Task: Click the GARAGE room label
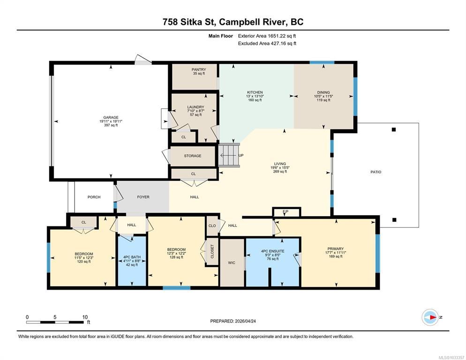tap(111, 118)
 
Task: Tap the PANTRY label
tap(199, 69)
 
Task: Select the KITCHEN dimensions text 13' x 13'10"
tap(255, 96)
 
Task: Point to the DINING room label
tap(323, 92)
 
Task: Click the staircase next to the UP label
tap(229, 155)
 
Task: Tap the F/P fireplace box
tap(286, 212)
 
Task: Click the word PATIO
tap(376, 172)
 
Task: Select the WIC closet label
tap(232, 262)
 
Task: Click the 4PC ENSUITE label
tap(272, 251)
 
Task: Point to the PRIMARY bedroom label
tap(336, 249)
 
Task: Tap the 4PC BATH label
tap(132, 257)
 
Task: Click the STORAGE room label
tap(193, 156)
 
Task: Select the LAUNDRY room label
tap(195, 107)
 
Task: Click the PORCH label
tap(94, 197)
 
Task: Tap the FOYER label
tap(143, 197)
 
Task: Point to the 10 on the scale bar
tap(85, 317)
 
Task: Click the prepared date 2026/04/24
tap(245, 321)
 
